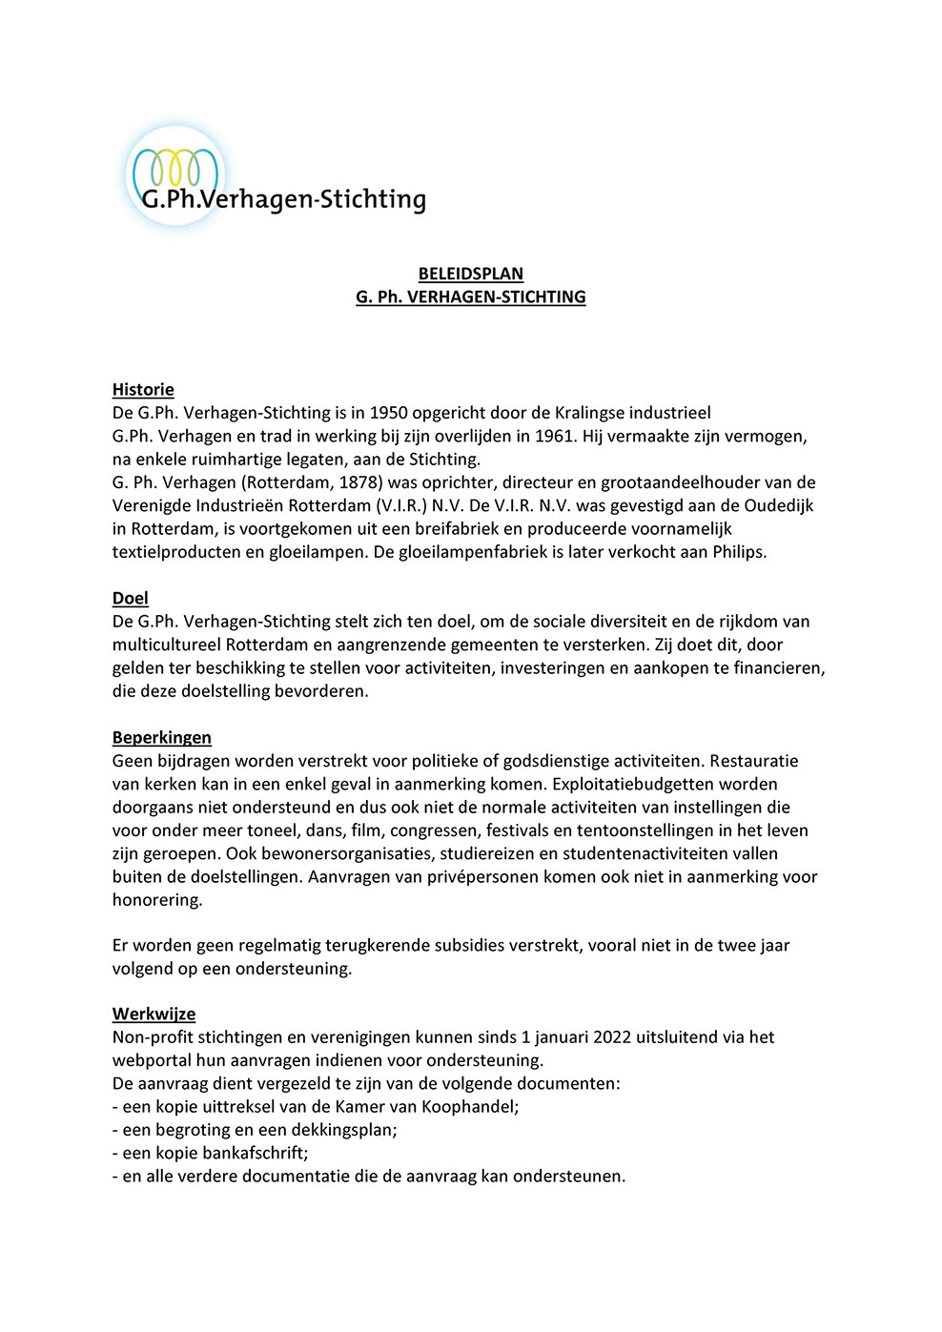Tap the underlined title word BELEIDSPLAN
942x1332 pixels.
tap(470, 274)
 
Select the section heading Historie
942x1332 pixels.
tap(143, 389)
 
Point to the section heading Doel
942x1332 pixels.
tap(131, 598)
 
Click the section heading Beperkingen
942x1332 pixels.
tap(162, 737)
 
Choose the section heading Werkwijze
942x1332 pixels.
tap(154, 1014)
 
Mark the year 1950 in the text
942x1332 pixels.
tap(389, 413)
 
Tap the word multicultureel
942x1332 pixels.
tap(167, 645)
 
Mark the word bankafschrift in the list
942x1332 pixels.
tap(251, 1153)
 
